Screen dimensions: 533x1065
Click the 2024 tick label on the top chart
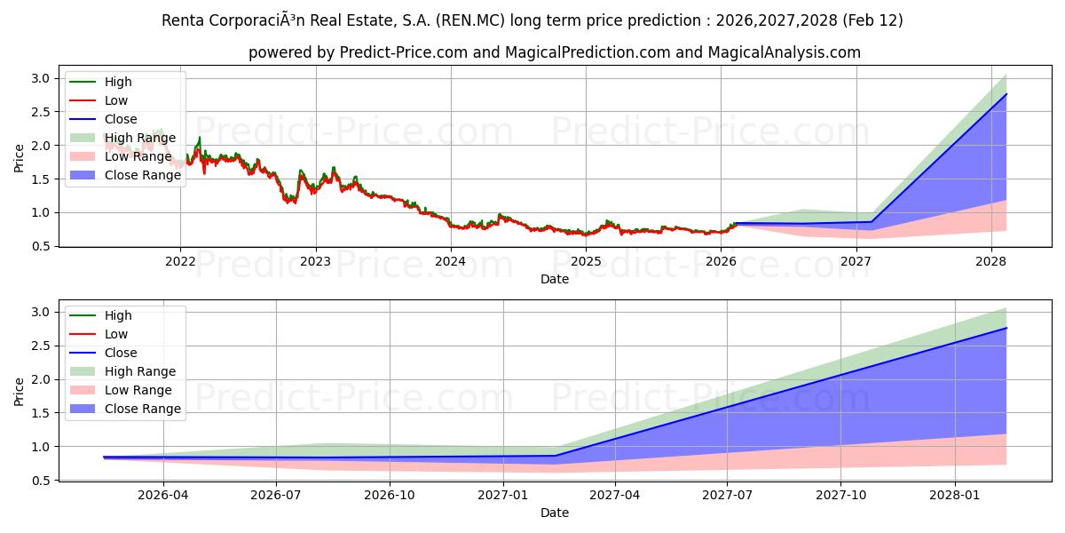click(450, 261)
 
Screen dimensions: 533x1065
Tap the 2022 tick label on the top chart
click(180, 261)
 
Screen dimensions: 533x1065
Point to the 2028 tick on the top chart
click(990, 261)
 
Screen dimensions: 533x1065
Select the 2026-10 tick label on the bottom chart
click(390, 495)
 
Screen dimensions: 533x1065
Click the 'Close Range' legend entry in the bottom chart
click(142, 409)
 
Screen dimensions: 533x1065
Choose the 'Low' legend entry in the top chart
click(116, 100)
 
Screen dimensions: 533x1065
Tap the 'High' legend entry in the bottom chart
click(118, 315)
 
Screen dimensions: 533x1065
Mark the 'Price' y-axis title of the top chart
click(19, 157)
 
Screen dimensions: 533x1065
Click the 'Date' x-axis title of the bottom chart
click(555, 513)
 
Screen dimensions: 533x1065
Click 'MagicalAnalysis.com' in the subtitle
click(784, 52)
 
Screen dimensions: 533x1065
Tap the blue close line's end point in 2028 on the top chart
click(1006, 94)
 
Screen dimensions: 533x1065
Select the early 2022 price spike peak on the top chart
click(199, 138)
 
